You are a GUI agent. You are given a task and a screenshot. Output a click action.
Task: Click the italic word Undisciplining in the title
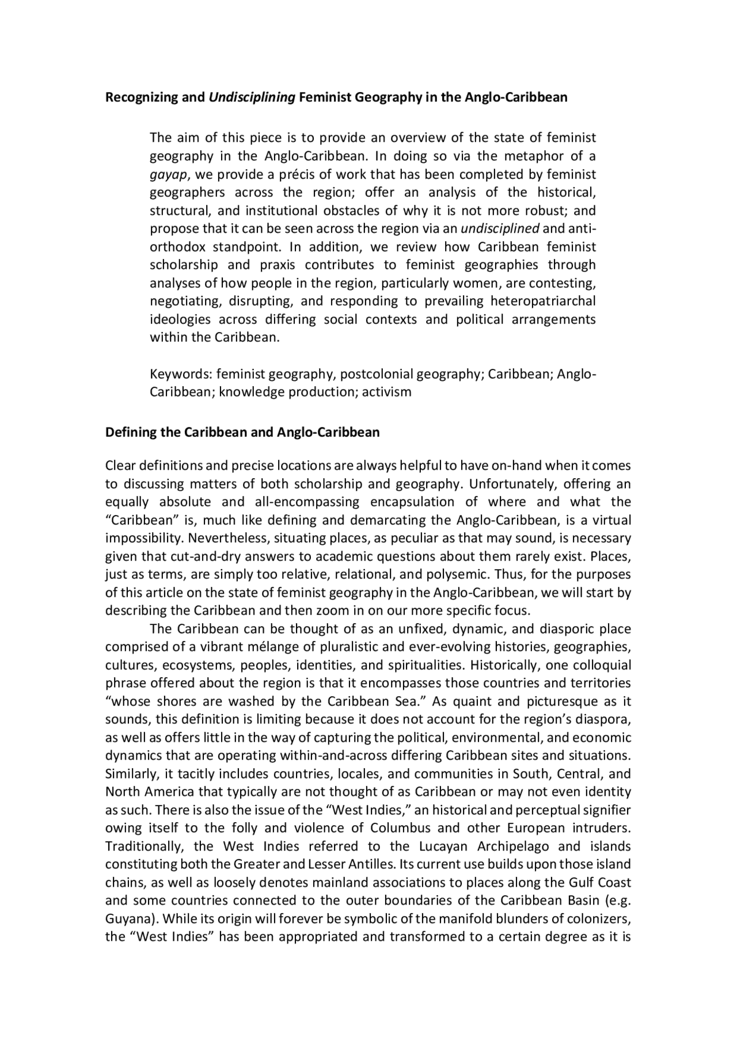[x=252, y=97]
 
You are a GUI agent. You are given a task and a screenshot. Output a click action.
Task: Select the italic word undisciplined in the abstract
[x=500, y=228]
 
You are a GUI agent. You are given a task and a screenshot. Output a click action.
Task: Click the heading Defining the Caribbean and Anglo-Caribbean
[x=242, y=432]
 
